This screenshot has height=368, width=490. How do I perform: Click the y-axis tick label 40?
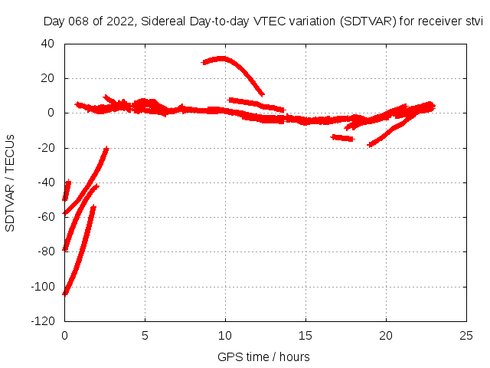coord(47,44)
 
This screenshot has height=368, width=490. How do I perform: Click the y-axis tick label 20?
coord(47,78)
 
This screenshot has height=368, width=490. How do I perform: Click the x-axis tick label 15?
coord(306,336)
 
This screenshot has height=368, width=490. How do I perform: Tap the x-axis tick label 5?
coord(145,336)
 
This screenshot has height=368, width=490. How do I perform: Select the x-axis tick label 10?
coord(226,336)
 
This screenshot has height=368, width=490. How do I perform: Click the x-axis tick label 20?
coord(387,336)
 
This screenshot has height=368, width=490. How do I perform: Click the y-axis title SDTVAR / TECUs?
coord(11,182)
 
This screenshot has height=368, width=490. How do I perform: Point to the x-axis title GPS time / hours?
coord(263,356)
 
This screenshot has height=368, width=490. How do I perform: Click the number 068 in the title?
coord(79,21)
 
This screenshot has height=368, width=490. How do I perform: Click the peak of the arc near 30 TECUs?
coord(222,58)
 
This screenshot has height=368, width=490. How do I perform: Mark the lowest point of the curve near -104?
coord(65,293)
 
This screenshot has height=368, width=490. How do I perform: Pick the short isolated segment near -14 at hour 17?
coord(342,138)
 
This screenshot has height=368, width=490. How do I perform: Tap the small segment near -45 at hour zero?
coord(67,189)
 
